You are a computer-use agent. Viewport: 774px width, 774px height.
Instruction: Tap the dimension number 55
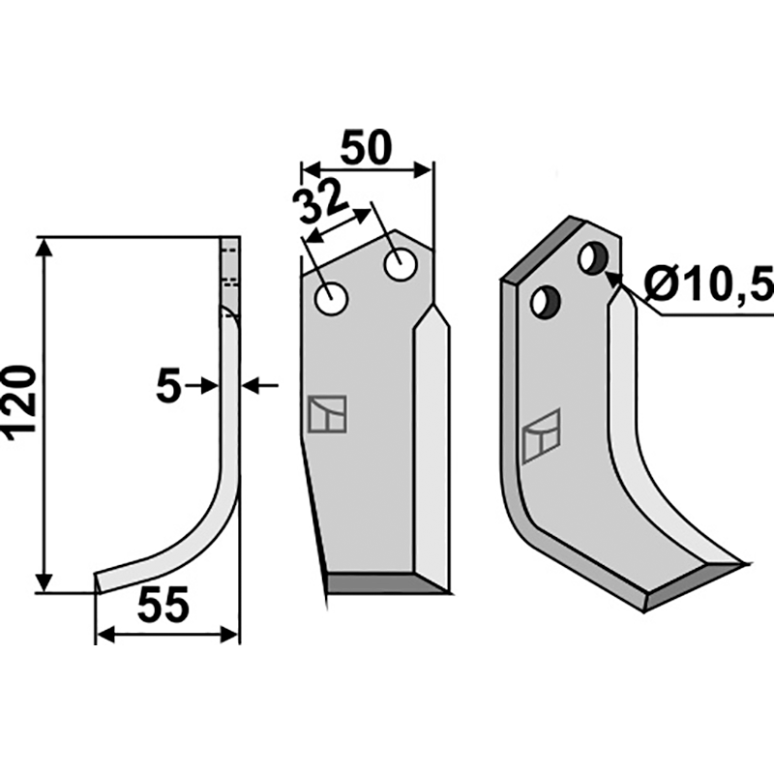164,605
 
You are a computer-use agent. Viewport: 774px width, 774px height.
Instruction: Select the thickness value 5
168,386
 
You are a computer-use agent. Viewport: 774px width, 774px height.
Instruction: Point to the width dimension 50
366,147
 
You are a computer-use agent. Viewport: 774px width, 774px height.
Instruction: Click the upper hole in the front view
402,265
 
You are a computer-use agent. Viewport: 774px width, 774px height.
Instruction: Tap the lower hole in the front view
332,299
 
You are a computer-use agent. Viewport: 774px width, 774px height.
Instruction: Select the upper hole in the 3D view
595,257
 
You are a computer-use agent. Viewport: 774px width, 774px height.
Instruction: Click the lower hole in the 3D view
546,302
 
